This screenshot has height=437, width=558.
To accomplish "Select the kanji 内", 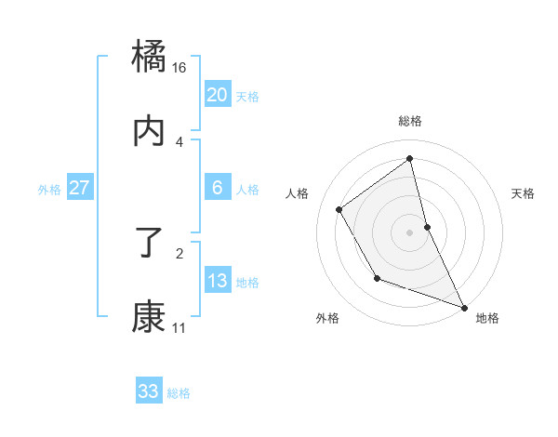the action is (x=150, y=132).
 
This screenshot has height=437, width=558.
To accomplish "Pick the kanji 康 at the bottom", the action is (x=150, y=318).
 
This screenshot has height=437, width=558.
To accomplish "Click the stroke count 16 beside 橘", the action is (x=179, y=68).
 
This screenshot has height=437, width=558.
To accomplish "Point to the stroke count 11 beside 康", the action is (x=179, y=328).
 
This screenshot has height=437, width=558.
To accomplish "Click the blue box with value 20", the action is (x=217, y=95).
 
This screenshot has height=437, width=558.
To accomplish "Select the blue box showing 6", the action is (x=217, y=188).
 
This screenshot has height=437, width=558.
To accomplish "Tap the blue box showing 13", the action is (x=217, y=281).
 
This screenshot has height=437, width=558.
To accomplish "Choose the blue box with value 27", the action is (x=79, y=188).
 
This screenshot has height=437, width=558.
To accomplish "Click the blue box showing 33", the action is (x=149, y=391).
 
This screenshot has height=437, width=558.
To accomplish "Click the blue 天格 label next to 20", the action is (x=247, y=97).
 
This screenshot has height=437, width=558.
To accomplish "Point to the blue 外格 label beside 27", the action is (x=49, y=190).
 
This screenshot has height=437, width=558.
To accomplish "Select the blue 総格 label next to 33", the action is (x=179, y=393).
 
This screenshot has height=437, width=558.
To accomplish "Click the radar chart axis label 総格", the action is (x=410, y=121).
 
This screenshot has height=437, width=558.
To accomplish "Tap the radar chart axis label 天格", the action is (x=523, y=193).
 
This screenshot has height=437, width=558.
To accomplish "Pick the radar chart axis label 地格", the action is (x=487, y=318).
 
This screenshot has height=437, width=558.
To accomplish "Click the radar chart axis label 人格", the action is (x=298, y=193).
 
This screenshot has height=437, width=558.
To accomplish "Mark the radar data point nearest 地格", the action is (x=464, y=307).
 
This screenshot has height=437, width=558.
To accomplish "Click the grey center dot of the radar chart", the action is (x=410, y=232).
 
